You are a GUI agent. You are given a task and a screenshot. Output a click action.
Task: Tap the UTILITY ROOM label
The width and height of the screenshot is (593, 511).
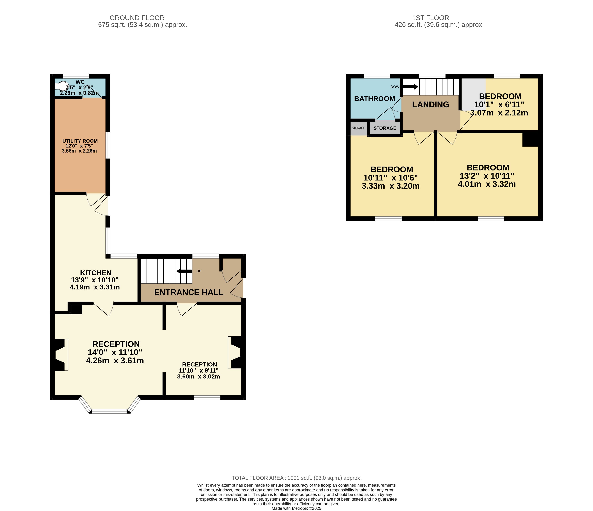[80, 141]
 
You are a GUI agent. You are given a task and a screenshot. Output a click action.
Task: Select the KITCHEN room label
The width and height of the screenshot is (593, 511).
[96, 273]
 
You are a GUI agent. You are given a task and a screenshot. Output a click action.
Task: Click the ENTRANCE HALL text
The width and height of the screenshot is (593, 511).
[189, 292]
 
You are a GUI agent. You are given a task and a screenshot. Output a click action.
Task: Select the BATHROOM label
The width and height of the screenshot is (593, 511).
[375, 99]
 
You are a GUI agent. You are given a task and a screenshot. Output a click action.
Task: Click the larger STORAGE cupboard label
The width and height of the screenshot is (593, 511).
[385, 128]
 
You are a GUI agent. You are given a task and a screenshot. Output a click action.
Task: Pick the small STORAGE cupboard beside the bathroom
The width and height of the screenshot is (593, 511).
[358, 128]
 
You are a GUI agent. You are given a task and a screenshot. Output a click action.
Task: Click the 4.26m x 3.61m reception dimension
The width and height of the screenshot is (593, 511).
[115, 360]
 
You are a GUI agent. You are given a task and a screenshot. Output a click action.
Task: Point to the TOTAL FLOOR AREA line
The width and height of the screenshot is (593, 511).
[297, 478]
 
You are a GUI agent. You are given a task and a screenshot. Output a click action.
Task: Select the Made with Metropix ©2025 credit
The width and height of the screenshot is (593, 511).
[297, 508]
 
